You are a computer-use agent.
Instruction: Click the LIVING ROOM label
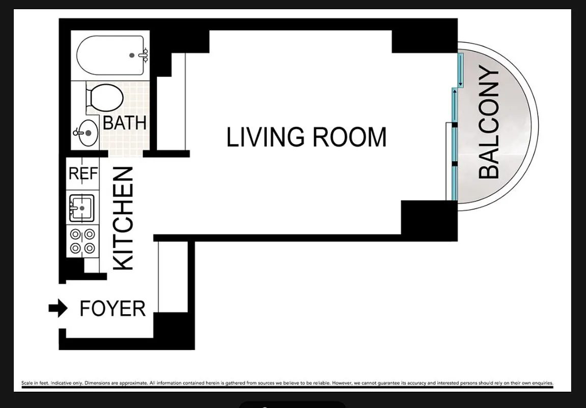306,137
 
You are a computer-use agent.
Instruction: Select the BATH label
124,123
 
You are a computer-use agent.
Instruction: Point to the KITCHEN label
123,218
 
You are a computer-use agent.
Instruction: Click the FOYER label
113,309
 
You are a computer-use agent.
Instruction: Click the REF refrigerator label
82,174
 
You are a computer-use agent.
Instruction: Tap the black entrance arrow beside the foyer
58,308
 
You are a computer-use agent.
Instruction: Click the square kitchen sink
81,208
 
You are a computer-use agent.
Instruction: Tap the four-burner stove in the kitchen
82,241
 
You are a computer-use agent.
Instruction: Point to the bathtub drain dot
132,55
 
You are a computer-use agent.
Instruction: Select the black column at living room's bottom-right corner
429,219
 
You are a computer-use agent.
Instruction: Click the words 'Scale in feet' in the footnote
36,383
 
